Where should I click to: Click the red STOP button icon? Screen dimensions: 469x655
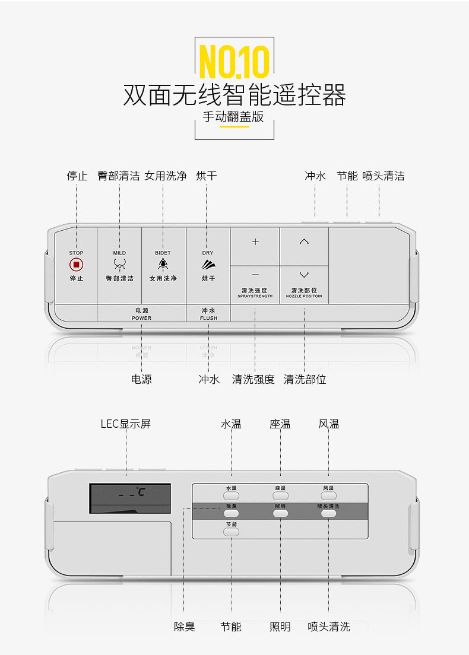click(x=76, y=265)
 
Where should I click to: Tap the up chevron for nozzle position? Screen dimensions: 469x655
click(x=304, y=241)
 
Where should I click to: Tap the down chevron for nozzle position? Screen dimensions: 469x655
click(x=304, y=275)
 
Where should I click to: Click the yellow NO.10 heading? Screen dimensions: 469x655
click(x=234, y=61)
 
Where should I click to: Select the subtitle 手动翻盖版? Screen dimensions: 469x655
click(x=233, y=116)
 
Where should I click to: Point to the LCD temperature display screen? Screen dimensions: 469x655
click(x=130, y=498)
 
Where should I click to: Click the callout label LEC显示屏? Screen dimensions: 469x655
click(x=125, y=424)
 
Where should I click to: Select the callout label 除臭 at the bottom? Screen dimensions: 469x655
click(x=184, y=627)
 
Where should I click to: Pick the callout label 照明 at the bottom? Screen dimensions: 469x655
click(x=280, y=627)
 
